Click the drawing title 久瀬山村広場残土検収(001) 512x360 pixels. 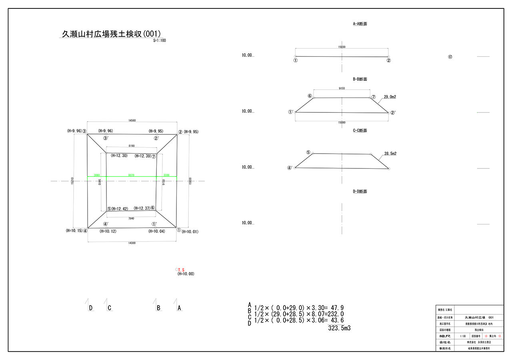[x=112, y=34]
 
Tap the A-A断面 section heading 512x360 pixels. [x=360, y=24]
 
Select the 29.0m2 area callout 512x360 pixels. [x=390, y=97]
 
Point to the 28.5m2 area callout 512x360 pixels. [x=390, y=154]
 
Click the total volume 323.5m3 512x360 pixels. [x=340, y=328]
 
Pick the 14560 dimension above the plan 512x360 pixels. [x=132, y=120]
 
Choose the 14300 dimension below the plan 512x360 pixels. [x=132, y=243]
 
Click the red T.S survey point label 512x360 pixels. [x=181, y=270]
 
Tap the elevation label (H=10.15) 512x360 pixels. [x=74, y=231]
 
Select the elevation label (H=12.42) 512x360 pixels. [x=120, y=208]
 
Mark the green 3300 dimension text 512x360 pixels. [x=166, y=175]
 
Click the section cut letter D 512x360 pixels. [x=91, y=308]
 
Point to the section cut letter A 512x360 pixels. [x=179, y=308]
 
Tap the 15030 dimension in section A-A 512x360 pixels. [x=342, y=47]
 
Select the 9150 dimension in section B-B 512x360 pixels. [x=342, y=88]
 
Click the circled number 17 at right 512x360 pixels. [x=450, y=57]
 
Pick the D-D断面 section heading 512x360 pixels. [x=360, y=192]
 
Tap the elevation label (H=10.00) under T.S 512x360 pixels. [x=186, y=274]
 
